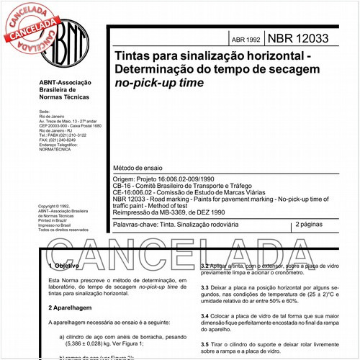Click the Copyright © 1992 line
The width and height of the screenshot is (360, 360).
pos(55,205)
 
